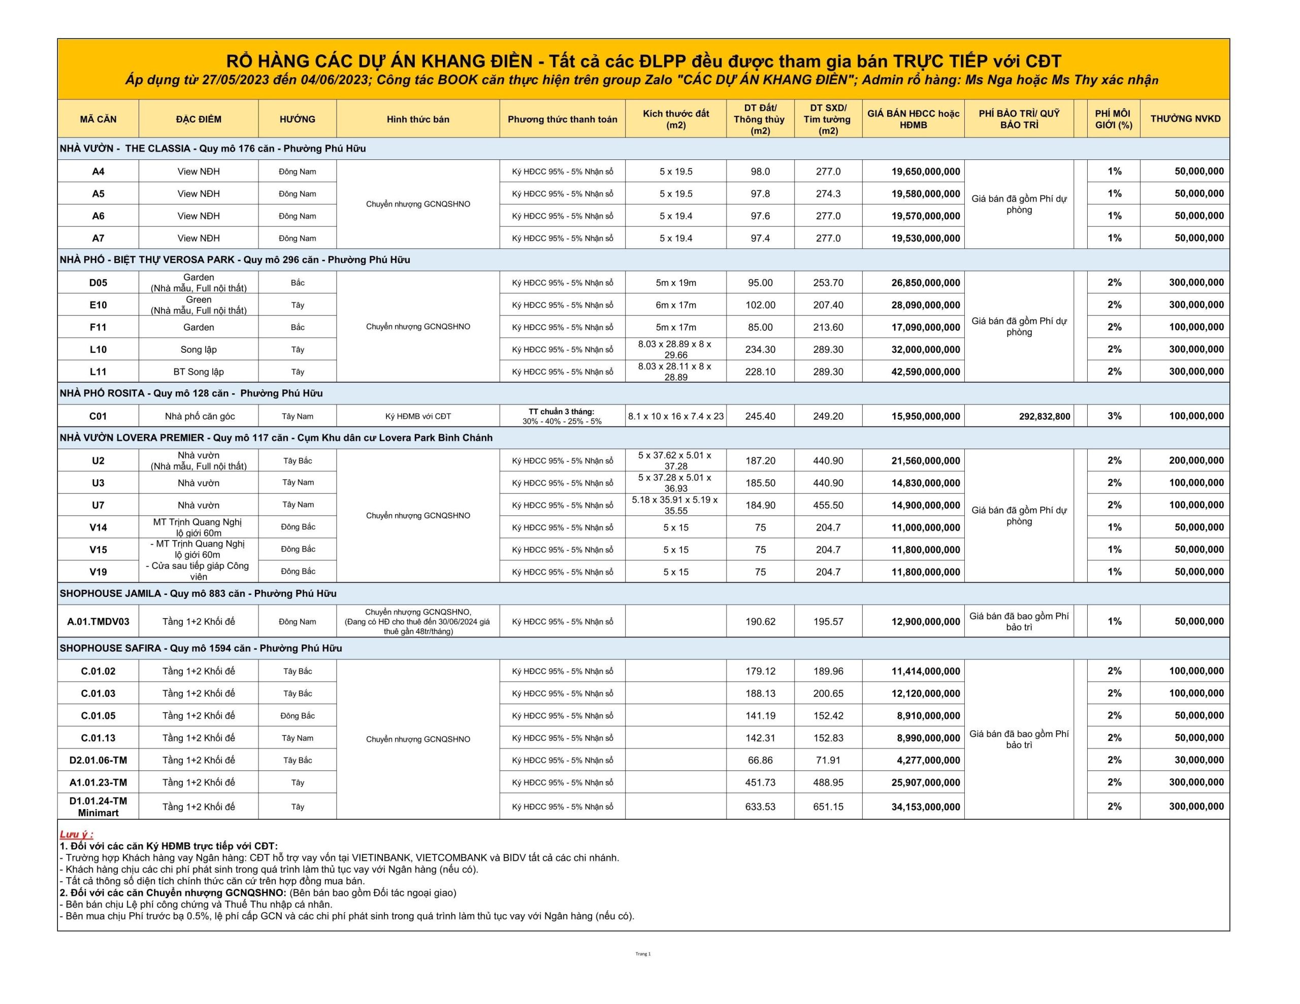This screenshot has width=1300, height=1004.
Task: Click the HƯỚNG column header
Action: point(297,119)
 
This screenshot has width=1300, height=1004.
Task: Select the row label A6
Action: point(98,216)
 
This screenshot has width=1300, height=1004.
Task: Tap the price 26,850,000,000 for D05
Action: point(925,283)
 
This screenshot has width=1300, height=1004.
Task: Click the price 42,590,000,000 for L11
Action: point(925,372)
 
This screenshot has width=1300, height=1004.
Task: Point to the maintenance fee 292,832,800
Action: point(1044,417)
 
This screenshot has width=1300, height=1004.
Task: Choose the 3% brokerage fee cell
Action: point(1114,416)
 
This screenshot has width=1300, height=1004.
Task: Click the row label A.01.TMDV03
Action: point(98,621)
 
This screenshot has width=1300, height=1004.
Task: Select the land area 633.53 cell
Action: point(760,807)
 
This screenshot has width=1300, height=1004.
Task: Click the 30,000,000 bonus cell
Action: point(1199,760)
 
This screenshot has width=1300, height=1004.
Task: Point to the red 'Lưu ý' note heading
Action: point(76,834)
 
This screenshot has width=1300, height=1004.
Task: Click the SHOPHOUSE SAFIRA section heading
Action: point(201,648)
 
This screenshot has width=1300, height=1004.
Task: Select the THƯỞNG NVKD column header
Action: point(1185,119)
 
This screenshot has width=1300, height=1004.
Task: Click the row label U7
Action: point(98,505)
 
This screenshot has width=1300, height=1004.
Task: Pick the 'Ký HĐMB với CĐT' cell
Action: point(418,417)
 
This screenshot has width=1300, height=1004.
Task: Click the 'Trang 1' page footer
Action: point(643,954)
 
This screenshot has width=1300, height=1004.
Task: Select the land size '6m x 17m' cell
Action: point(675,305)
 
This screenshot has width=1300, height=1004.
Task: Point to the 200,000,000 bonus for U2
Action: point(1196,461)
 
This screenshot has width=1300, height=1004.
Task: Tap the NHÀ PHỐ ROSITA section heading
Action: point(191,393)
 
